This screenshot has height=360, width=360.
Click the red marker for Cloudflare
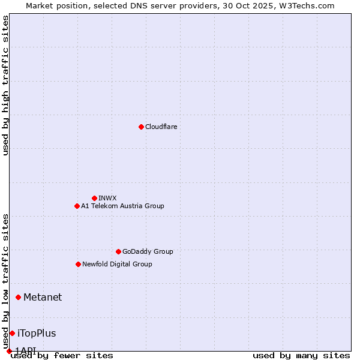pyautogui.click(x=141, y=127)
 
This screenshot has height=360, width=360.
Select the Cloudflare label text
pyautogui.click(x=161, y=127)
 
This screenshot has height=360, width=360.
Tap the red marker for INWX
pyautogui.click(x=94, y=198)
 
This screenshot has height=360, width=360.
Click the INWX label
pyautogui.click(x=107, y=198)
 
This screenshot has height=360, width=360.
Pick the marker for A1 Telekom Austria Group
pyautogui.click(x=77, y=206)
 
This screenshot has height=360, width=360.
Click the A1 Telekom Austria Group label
pyautogui.click(x=122, y=206)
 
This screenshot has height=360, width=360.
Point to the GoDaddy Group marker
pyautogui.click(x=118, y=251)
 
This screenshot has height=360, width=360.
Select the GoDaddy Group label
pyautogui.click(x=147, y=251)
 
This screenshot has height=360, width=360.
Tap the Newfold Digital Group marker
pyautogui.click(x=78, y=264)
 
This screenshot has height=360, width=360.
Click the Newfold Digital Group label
pyautogui.click(x=117, y=264)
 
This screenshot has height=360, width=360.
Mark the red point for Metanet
pyautogui.click(x=18, y=297)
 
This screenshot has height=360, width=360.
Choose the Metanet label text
pyautogui.click(x=43, y=297)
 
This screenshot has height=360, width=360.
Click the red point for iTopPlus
pyautogui.click(x=12, y=333)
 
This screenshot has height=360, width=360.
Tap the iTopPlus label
pyautogui.click(x=37, y=333)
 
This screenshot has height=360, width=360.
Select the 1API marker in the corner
pyautogui.click(x=9, y=351)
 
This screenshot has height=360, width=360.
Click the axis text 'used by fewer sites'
pyautogui.click(x=62, y=356)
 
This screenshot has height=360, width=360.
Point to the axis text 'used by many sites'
pyautogui.click(x=301, y=356)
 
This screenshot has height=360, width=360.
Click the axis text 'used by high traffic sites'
pyautogui.click(x=6, y=85)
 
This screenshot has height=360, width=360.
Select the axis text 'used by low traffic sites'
pyautogui.click(x=6, y=281)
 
